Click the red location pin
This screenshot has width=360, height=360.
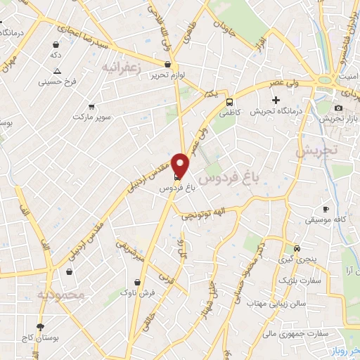coord(181,166)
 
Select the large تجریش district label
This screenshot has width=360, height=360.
coord(316,150)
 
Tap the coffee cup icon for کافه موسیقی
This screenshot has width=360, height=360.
coord(326,209)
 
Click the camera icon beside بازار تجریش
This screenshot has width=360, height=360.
coord(339,108)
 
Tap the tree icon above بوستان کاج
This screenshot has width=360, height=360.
coord(40,326)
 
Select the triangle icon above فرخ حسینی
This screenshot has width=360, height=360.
coord(58,71)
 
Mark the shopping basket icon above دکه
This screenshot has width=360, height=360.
coord(55,44)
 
